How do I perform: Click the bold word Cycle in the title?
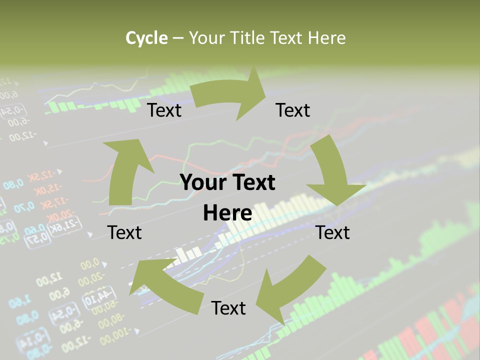point(146,38)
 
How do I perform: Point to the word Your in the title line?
point(207,38)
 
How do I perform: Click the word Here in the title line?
point(326,38)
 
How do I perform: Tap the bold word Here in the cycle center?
point(227,213)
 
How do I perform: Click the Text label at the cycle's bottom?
point(228,308)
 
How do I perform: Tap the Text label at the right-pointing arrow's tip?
point(293,110)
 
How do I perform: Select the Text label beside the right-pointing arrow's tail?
point(164,110)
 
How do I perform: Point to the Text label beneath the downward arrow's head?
point(333,232)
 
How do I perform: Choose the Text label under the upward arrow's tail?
point(124,232)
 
